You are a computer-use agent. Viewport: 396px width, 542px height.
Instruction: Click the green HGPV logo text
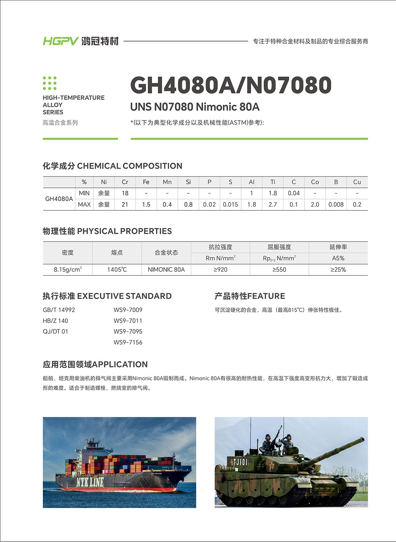click(x=61, y=41)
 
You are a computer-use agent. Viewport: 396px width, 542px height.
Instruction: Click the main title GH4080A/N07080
click(x=230, y=85)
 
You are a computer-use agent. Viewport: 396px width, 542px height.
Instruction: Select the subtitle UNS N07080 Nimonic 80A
click(x=194, y=107)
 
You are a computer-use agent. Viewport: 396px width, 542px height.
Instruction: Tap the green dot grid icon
click(x=49, y=83)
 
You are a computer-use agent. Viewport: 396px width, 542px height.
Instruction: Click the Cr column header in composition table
click(x=125, y=182)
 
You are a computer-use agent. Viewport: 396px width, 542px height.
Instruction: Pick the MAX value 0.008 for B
click(x=336, y=205)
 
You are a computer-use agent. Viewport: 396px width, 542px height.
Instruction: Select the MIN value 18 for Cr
click(x=125, y=193)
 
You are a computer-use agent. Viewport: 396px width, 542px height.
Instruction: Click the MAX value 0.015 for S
click(x=230, y=205)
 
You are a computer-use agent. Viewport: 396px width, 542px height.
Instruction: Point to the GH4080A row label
click(x=59, y=199)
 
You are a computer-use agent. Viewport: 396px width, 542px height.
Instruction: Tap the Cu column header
click(x=357, y=182)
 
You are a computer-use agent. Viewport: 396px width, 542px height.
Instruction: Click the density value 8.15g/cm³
click(x=68, y=270)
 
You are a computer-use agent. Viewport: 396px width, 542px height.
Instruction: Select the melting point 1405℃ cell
click(x=117, y=270)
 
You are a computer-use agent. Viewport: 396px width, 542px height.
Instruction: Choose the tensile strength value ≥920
click(x=220, y=270)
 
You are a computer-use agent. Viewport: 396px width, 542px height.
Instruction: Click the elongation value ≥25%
click(x=338, y=270)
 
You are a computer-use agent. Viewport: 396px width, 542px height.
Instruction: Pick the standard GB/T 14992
click(x=59, y=310)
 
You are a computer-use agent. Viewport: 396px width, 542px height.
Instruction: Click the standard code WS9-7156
click(x=128, y=342)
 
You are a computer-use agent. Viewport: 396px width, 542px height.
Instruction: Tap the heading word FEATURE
click(x=266, y=296)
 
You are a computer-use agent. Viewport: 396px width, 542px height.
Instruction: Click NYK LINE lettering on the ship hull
click(x=90, y=482)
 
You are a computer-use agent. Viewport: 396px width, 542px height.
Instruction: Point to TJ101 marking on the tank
click(x=240, y=462)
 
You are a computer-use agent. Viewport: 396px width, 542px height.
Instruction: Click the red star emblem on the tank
click(x=272, y=466)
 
